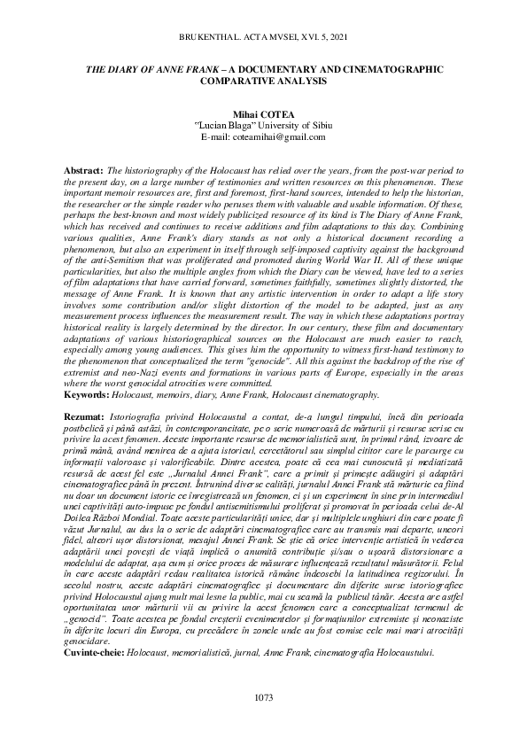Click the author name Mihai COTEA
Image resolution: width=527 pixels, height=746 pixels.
coord(263,114)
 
